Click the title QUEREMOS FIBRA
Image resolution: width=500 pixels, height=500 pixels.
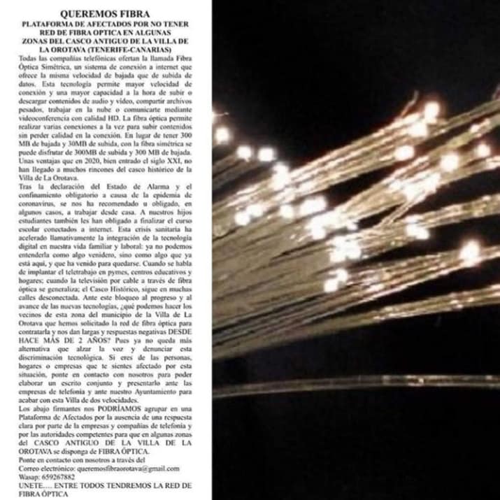tap(105, 13)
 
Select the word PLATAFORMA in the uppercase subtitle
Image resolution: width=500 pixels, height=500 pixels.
tap(50, 23)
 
